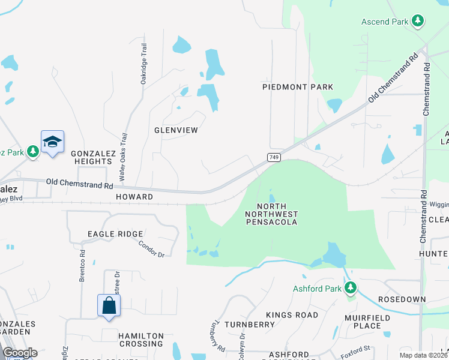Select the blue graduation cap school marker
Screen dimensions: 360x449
pyautogui.click(x=52, y=142)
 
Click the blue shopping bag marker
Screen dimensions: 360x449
pyautogui.click(x=109, y=305)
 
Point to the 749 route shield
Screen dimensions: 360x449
pyautogui.click(x=273, y=156)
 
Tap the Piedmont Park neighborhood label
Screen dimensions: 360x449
pyautogui.click(x=298, y=87)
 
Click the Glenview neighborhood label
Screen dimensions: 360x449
pyautogui.click(x=176, y=130)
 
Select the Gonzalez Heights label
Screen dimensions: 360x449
pyautogui.click(x=93, y=157)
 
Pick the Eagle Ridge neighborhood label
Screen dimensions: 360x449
pyautogui.click(x=115, y=234)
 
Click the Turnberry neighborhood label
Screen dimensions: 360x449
pyautogui.click(x=249, y=325)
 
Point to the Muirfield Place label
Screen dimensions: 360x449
pyautogui.click(x=363, y=321)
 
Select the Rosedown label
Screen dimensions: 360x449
pyautogui.click(x=402, y=299)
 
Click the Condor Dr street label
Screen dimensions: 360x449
pyautogui.click(x=151, y=249)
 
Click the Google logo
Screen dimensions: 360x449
pyautogui.click(x=20, y=353)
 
